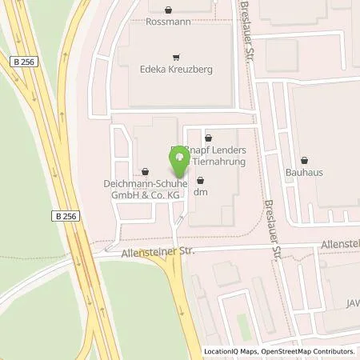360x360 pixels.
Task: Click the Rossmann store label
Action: pyautogui.click(x=169, y=22)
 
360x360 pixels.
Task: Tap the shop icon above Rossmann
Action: pyautogui.click(x=169, y=10)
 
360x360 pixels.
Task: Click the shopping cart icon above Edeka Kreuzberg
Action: pyautogui.click(x=177, y=57)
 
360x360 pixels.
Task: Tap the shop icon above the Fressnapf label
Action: pyautogui.click(x=208, y=138)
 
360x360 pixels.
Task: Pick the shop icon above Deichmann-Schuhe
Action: pyautogui.click(x=145, y=170)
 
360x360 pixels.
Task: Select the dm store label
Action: pyautogui.click(x=201, y=191)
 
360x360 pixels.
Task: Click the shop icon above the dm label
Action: pyautogui.click(x=200, y=180)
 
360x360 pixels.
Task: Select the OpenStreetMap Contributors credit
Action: pyautogui.click(x=310, y=351)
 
